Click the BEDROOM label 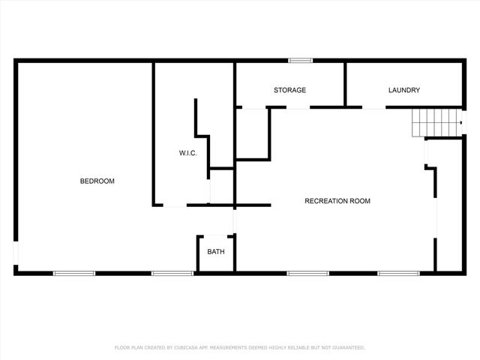coord(97,181)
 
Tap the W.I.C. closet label coord(187,153)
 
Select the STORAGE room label coord(289,90)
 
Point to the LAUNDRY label coord(404,90)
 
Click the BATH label coord(216,251)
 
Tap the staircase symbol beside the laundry coord(433,122)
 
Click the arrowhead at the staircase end coord(459,122)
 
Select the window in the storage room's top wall coord(301,61)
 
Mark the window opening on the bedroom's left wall coord(16,253)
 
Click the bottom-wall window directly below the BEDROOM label coord(73,273)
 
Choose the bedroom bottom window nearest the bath coord(172,273)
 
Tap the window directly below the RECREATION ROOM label coord(308,273)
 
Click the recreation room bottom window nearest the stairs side coord(398,273)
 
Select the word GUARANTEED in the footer coord(348,348)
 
